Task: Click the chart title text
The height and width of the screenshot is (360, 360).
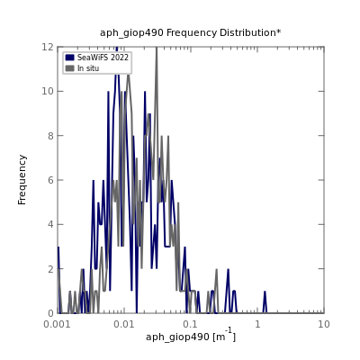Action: (x=191, y=32)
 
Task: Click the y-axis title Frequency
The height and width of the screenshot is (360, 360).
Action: (x=22, y=180)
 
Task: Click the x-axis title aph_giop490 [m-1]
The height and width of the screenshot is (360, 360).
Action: (x=191, y=336)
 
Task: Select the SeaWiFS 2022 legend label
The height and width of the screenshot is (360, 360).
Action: (x=103, y=58)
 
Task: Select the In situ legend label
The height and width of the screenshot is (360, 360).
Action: (x=88, y=68)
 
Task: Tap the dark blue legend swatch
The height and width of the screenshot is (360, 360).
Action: (x=69, y=58)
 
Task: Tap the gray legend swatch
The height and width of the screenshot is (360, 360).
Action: (x=69, y=68)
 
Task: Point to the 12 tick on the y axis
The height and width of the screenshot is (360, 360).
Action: (x=48, y=47)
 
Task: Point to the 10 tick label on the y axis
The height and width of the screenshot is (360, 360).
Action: (x=48, y=91)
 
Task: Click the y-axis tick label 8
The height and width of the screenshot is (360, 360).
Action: (x=51, y=136)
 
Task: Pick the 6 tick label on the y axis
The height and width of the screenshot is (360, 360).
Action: (x=51, y=180)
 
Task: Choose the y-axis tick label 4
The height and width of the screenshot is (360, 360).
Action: (x=51, y=224)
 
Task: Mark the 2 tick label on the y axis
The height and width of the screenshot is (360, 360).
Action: (x=51, y=269)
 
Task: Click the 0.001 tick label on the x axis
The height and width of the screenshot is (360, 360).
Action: (x=58, y=324)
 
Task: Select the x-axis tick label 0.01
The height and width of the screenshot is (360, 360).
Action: (x=124, y=324)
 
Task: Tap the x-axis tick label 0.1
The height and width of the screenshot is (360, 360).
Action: (x=191, y=324)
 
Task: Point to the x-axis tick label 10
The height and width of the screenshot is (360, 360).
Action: (x=324, y=324)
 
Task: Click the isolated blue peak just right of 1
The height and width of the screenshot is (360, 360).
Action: (x=265, y=292)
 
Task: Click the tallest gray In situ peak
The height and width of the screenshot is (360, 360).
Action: (x=157, y=48)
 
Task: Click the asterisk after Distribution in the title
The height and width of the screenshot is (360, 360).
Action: (x=279, y=31)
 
